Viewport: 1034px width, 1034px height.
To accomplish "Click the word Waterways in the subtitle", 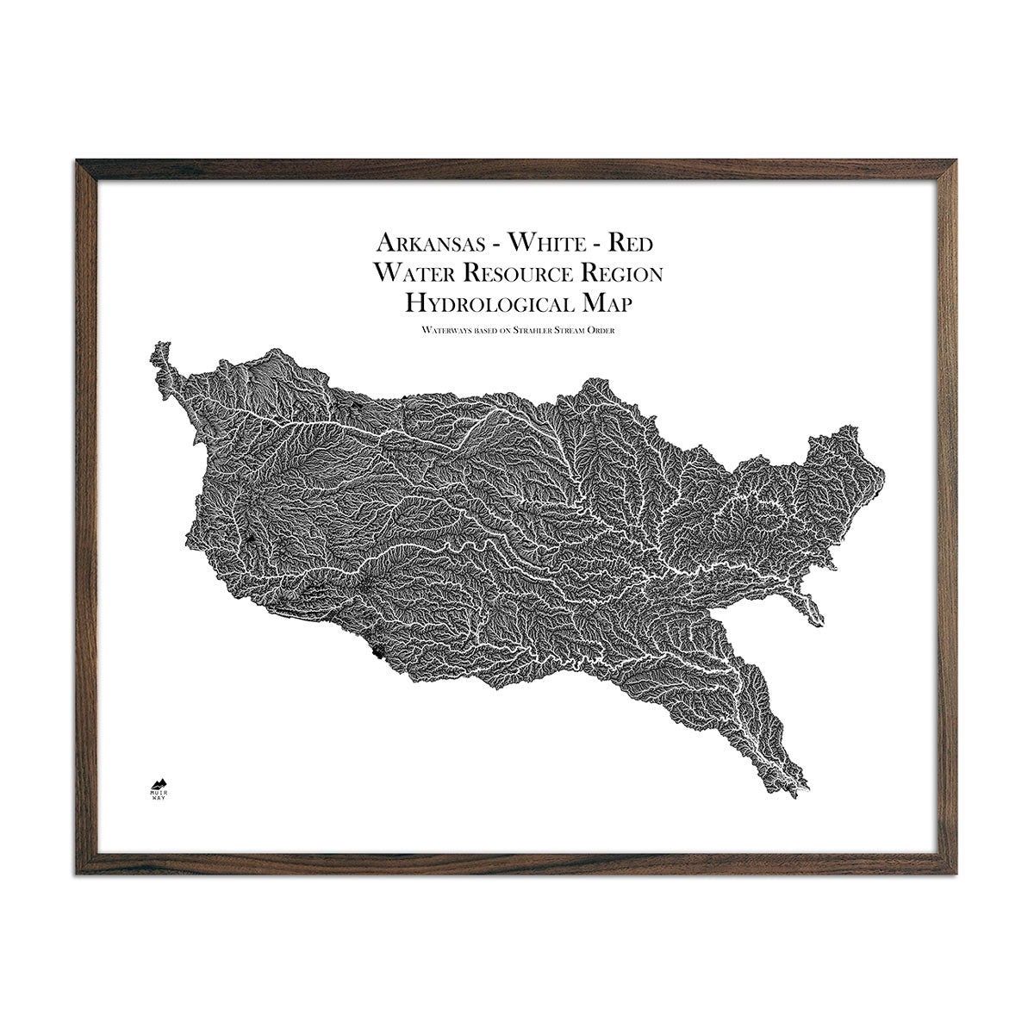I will point(442,329).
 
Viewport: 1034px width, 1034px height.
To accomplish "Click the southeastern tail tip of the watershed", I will point(808,794).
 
